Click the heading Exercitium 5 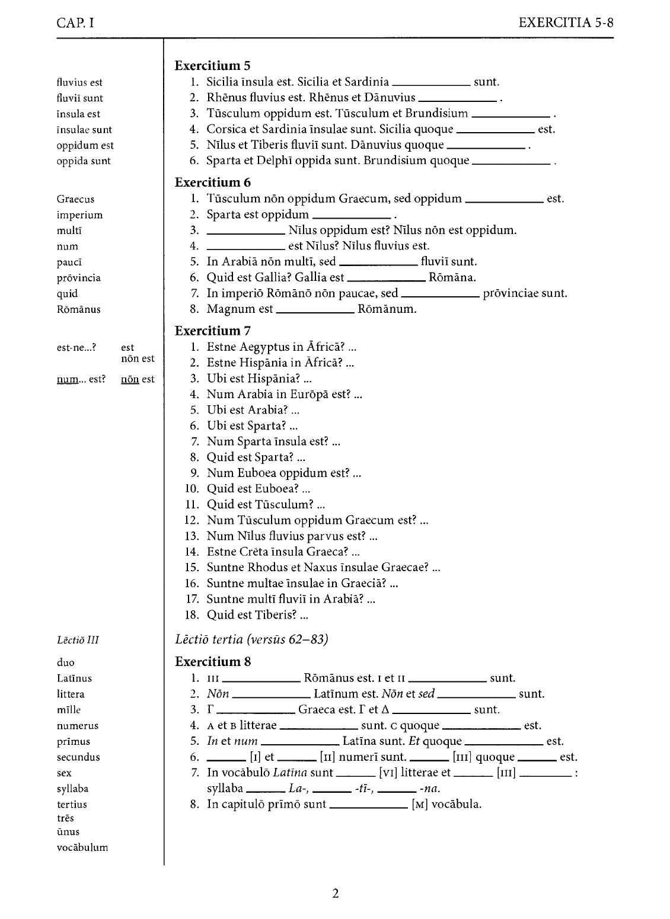click(213, 66)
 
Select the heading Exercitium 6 click(213, 182)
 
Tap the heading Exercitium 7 click(213, 331)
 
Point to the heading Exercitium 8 click(213, 662)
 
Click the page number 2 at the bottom click(336, 894)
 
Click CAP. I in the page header click(75, 23)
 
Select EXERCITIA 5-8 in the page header click(566, 23)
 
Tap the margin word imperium click(79, 215)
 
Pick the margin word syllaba click(72, 789)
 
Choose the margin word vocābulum click(82, 847)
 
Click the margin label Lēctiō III click(78, 640)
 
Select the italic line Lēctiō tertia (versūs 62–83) click(251, 639)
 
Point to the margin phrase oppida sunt click(84, 161)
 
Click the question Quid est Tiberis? click(257, 615)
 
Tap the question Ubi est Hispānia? click(260, 379)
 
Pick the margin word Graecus click(75, 200)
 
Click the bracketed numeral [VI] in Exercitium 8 click(388, 773)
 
